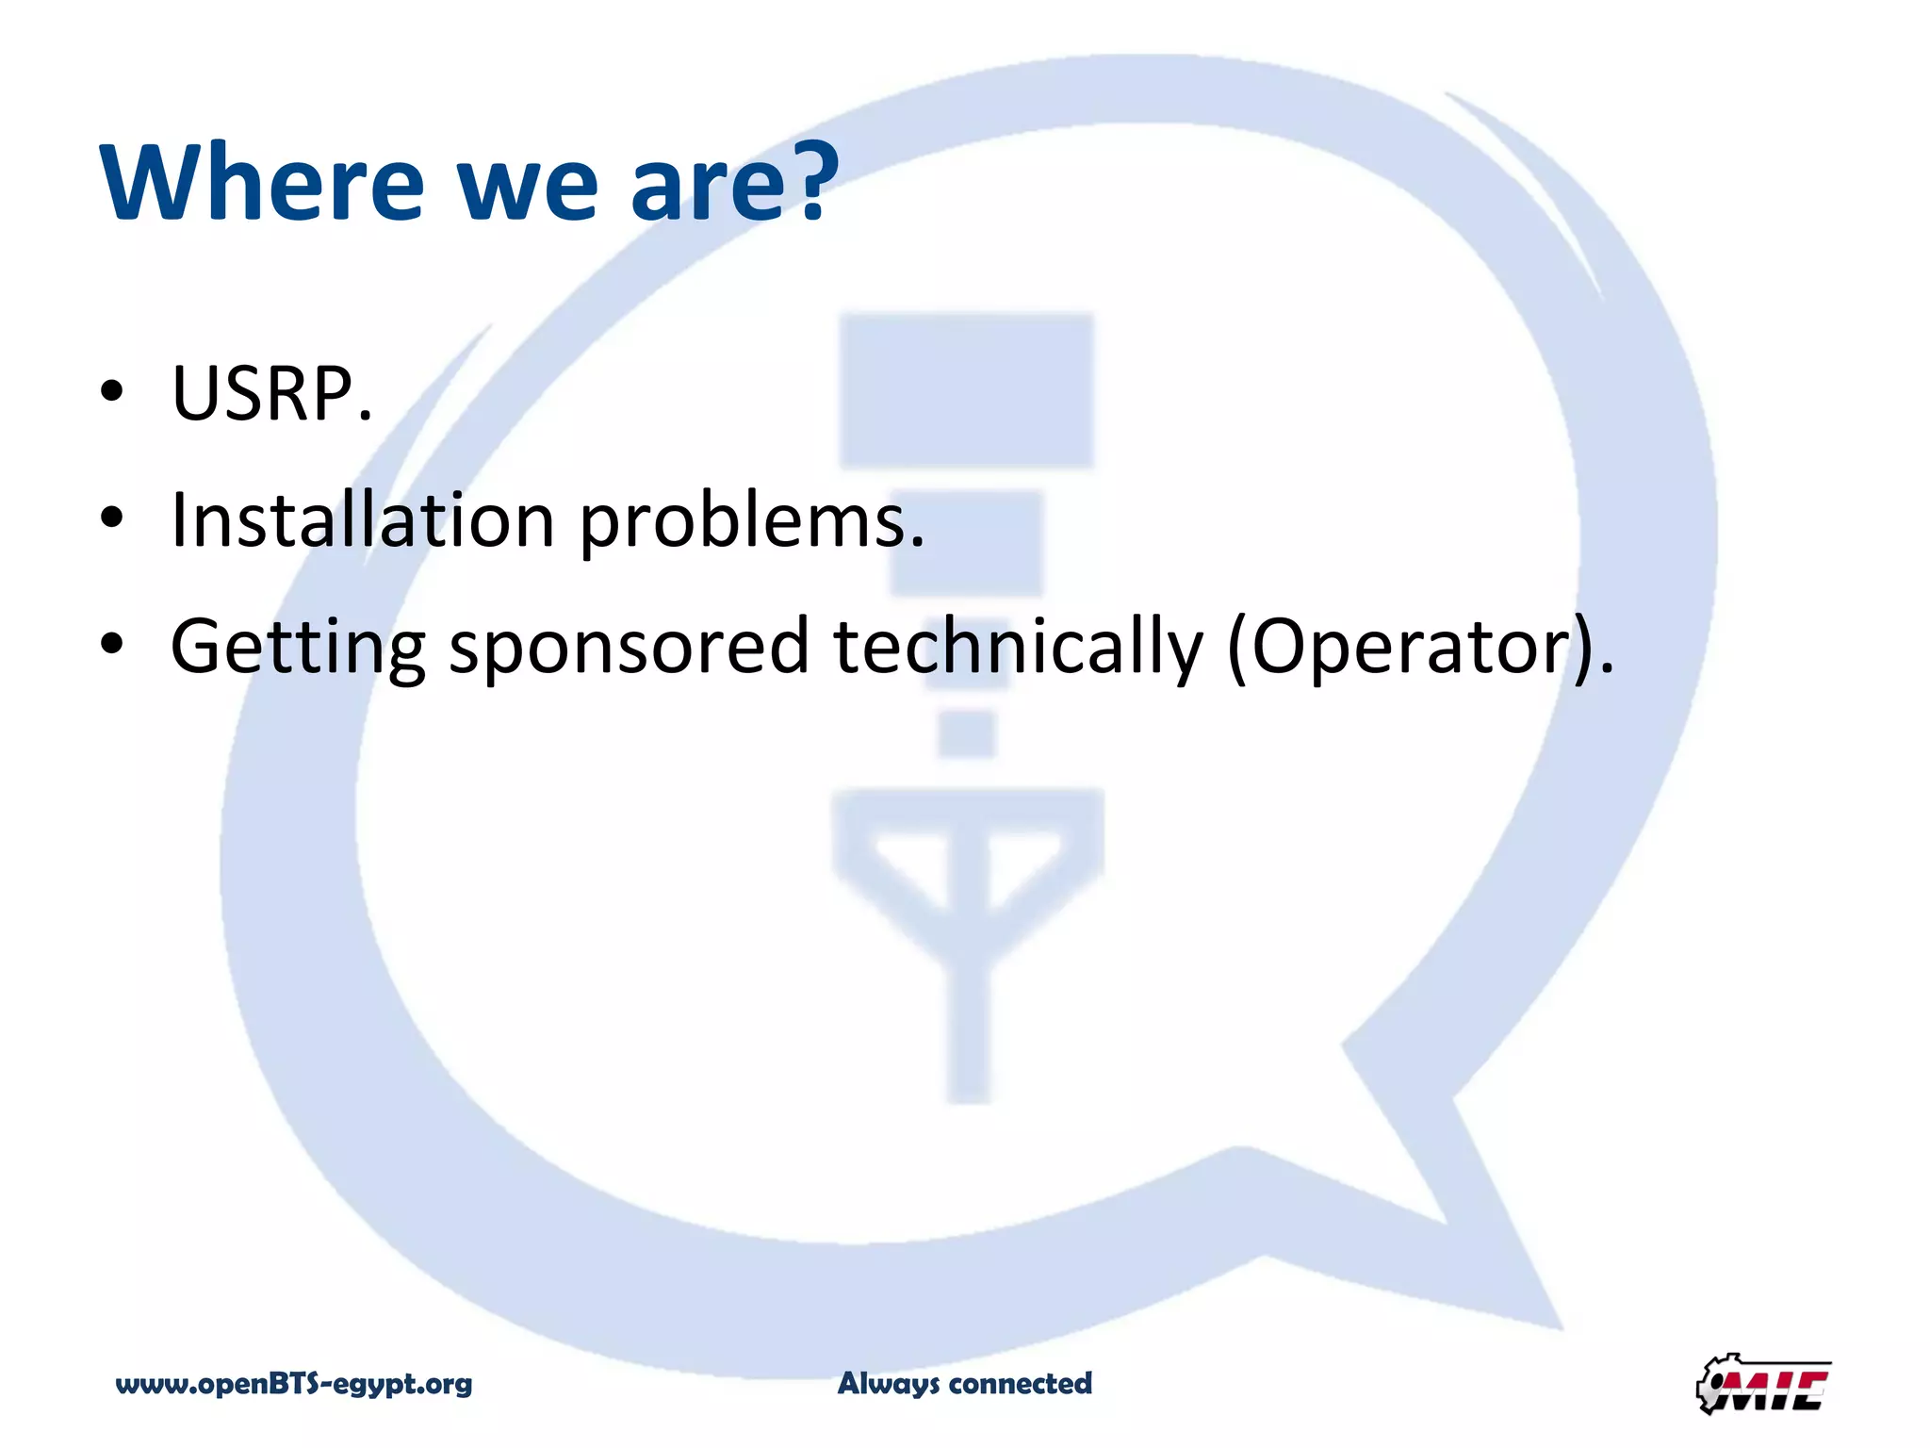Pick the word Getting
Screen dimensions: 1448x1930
pos(298,649)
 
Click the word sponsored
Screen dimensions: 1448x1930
pos(630,649)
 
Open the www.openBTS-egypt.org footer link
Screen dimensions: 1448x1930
pos(294,1384)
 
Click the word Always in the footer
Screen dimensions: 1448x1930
pos(889,1384)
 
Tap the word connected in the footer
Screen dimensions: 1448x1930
pos(1021,1383)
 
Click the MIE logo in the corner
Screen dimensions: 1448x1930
pos(1763,1384)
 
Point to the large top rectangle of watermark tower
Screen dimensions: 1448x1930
pos(967,390)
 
